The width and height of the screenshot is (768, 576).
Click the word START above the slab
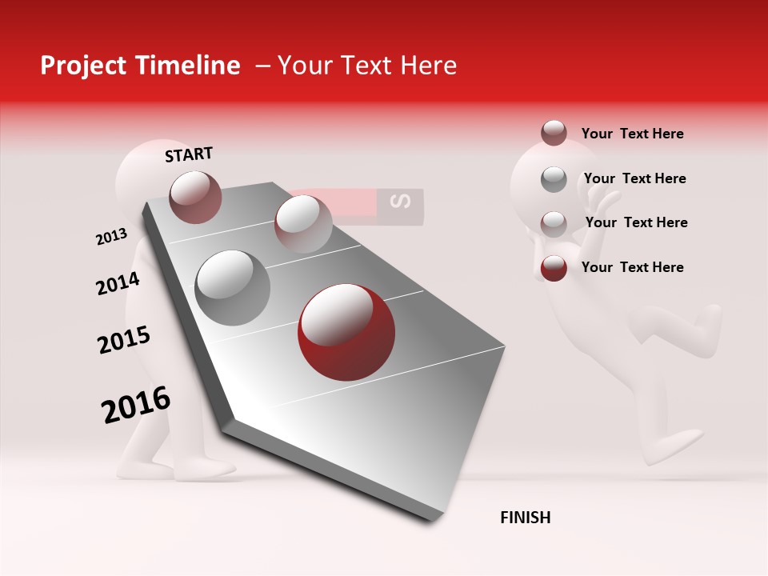[189, 154]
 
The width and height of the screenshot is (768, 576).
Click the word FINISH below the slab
[525, 518]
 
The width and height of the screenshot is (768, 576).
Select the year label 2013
[111, 237]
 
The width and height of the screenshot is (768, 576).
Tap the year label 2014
[118, 283]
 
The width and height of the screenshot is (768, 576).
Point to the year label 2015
[124, 340]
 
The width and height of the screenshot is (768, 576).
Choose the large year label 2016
[136, 405]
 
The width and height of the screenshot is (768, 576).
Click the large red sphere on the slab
[346, 331]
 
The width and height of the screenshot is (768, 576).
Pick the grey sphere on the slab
[233, 287]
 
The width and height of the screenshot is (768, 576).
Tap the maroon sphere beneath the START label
[195, 197]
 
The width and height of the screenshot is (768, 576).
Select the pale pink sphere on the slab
[302, 224]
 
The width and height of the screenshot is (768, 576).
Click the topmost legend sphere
[554, 133]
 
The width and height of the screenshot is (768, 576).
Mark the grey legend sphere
[554, 179]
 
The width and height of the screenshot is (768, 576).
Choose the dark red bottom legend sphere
[554, 268]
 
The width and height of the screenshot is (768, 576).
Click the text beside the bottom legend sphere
[632, 267]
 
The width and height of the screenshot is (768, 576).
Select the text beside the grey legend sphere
[634, 178]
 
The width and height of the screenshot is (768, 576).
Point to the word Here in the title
[428, 66]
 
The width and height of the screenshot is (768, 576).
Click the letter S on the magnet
[403, 202]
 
